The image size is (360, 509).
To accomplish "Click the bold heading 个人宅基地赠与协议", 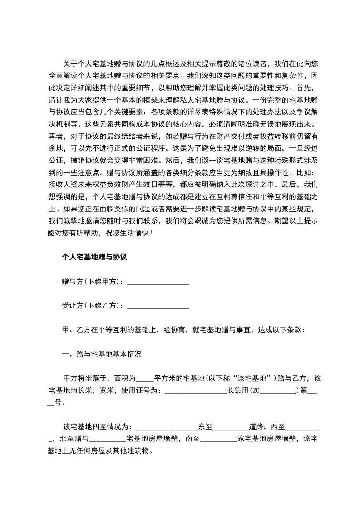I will (94, 257).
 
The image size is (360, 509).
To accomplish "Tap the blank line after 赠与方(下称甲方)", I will (158, 282).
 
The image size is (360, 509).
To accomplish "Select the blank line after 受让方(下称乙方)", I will (158, 306).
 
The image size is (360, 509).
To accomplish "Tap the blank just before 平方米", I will (145, 378).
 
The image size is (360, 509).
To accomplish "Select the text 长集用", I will (237, 390).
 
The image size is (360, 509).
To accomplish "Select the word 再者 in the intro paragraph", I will (55, 135).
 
